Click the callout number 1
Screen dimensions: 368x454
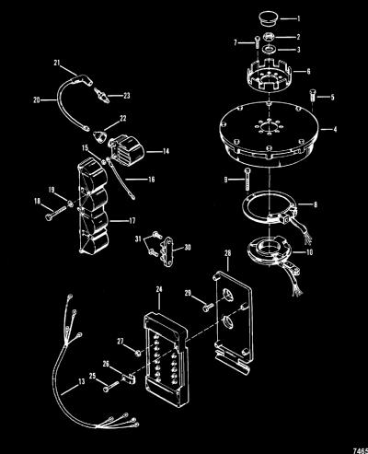pyautogui.click(x=298, y=18)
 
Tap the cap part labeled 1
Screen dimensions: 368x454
pyautogui.click(x=268, y=18)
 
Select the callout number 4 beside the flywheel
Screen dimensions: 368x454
pyautogui.click(x=335, y=129)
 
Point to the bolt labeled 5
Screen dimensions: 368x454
pyautogui.click(x=312, y=98)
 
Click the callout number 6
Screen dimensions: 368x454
pyautogui.click(x=308, y=71)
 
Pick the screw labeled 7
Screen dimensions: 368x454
pyautogui.click(x=256, y=44)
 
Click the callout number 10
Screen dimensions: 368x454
pyautogui.click(x=310, y=252)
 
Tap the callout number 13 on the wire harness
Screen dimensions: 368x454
pyautogui.click(x=81, y=381)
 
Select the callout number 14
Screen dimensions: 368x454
pyautogui.click(x=166, y=151)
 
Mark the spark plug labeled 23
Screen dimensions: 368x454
pyautogui.click(x=100, y=93)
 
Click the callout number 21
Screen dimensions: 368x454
pyautogui.click(x=57, y=63)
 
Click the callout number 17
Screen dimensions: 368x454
pyautogui.click(x=132, y=221)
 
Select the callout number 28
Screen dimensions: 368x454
pyautogui.click(x=228, y=253)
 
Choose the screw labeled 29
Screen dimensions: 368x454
pyautogui.click(x=208, y=307)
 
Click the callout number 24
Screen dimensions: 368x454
pyautogui.click(x=159, y=289)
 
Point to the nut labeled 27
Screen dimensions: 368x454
pyautogui.click(x=138, y=353)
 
